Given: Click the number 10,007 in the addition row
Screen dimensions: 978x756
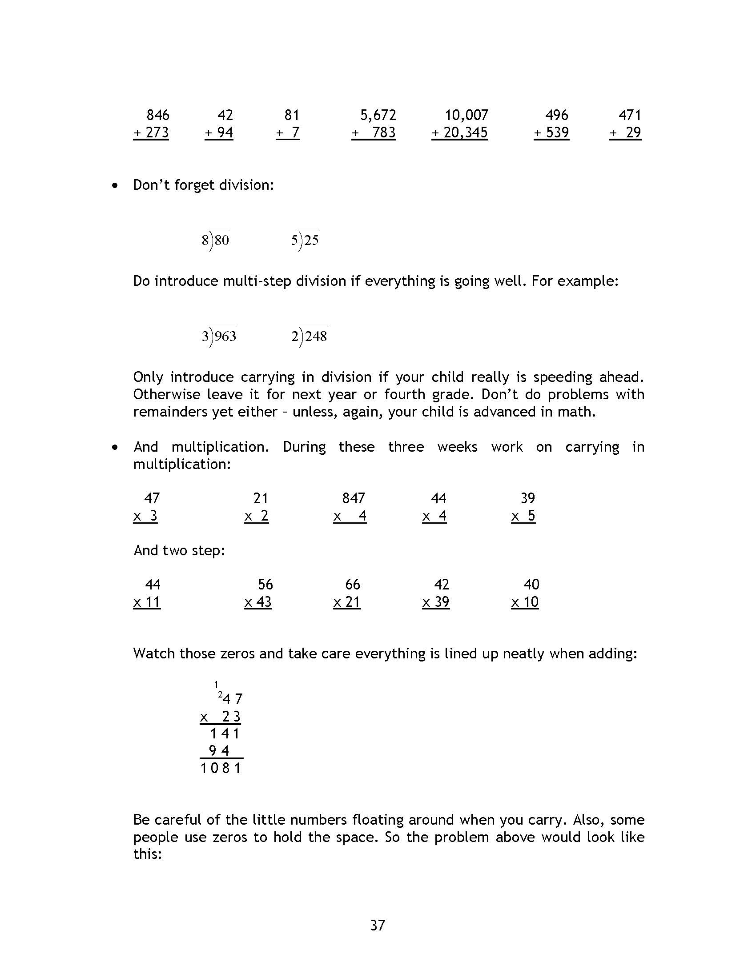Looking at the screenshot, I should click(x=466, y=116).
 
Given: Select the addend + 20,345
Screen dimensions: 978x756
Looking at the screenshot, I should click(x=459, y=133).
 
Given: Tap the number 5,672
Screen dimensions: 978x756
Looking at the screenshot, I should click(x=378, y=116).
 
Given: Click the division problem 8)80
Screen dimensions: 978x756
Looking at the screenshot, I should click(x=215, y=240).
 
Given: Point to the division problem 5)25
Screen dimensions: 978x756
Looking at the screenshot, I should click(x=305, y=240).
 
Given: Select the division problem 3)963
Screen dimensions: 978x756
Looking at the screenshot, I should click(x=219, y=336).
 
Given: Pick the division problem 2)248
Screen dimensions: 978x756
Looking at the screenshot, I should click(x=309, y=336).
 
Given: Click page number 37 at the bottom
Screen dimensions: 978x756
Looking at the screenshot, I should click(x=378, y=925).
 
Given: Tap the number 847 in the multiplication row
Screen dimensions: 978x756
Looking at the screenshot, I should click(x=354, y=498).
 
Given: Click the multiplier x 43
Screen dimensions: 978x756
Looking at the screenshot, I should click(x=258, y=602).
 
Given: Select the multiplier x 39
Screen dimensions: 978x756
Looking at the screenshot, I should click(x=436, y=602).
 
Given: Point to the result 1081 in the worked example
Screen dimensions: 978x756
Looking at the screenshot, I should click(x=221, y=769).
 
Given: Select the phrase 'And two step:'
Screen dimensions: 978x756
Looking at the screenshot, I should click(x=179, y=550).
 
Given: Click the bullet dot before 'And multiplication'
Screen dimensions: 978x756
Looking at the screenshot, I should click(x=116, y=447).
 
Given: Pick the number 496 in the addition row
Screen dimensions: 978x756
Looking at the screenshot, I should click(x=556, y=116).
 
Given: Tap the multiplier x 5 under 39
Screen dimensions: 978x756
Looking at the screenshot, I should click(x=523, y=516).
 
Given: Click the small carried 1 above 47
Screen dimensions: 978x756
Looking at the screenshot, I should click(x=216, y=684).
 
